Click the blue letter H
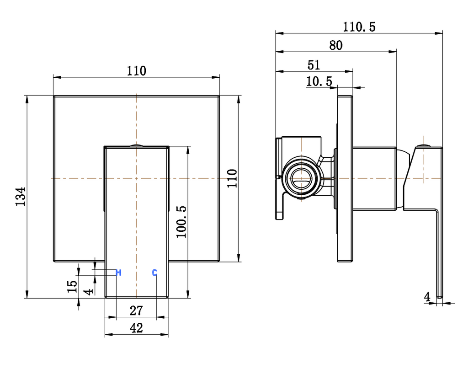[118, 273]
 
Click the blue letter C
[154, 273]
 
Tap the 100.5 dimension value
[181, 221]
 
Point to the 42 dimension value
[136, 328]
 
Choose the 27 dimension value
[136, 311]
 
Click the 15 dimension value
[72, 287]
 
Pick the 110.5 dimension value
[359, 27]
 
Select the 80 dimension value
[336, 45]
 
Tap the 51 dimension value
[314, 64]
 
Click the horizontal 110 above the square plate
[136, 71]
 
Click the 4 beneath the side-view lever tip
[427, 297]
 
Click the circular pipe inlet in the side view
[299, 178]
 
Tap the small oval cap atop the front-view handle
[136, 145]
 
